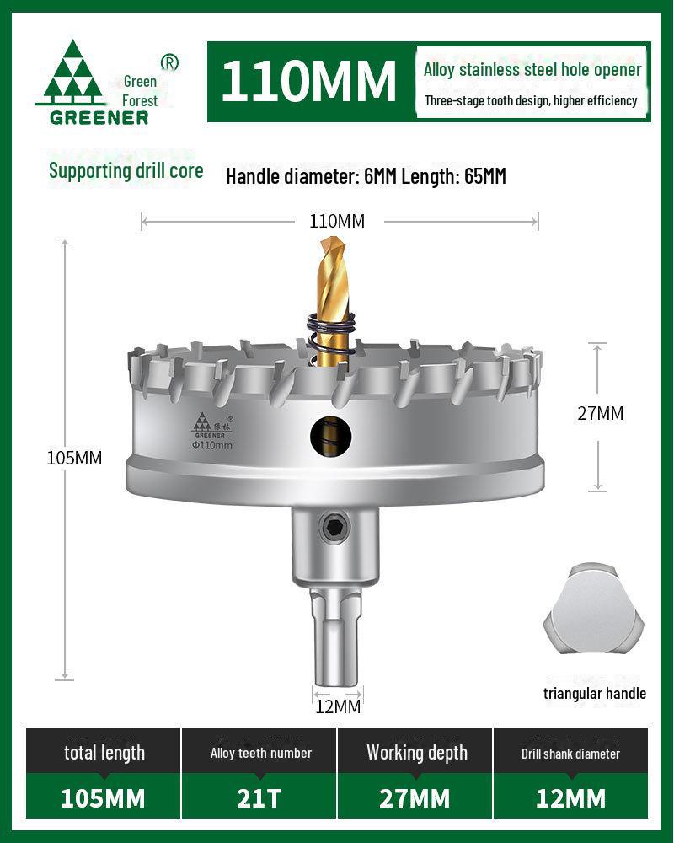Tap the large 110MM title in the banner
pyautogui.click(x=308, y=81)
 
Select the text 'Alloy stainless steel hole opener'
pyautogui.click(x=532, y=70)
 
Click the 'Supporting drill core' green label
pyautogui.click(x=126, y=170)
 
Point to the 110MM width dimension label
pyautogui.click(x=337, y=222)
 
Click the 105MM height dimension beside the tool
pyautogui.click(x=74, y=459)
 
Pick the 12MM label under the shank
pyautogui.click(x=337, y=706)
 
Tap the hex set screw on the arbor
pyautogui.click(x=336, y=529)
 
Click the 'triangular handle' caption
pyautogui.click(x=594, y=693)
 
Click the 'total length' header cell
pyautogui.click(x=104, y=753)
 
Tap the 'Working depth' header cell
pyautogui.click(x=416, y=753)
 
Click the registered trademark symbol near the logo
pyautogui.click(x=169, y=62)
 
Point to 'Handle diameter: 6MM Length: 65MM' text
pyautogui.click(x=366, y=177)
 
